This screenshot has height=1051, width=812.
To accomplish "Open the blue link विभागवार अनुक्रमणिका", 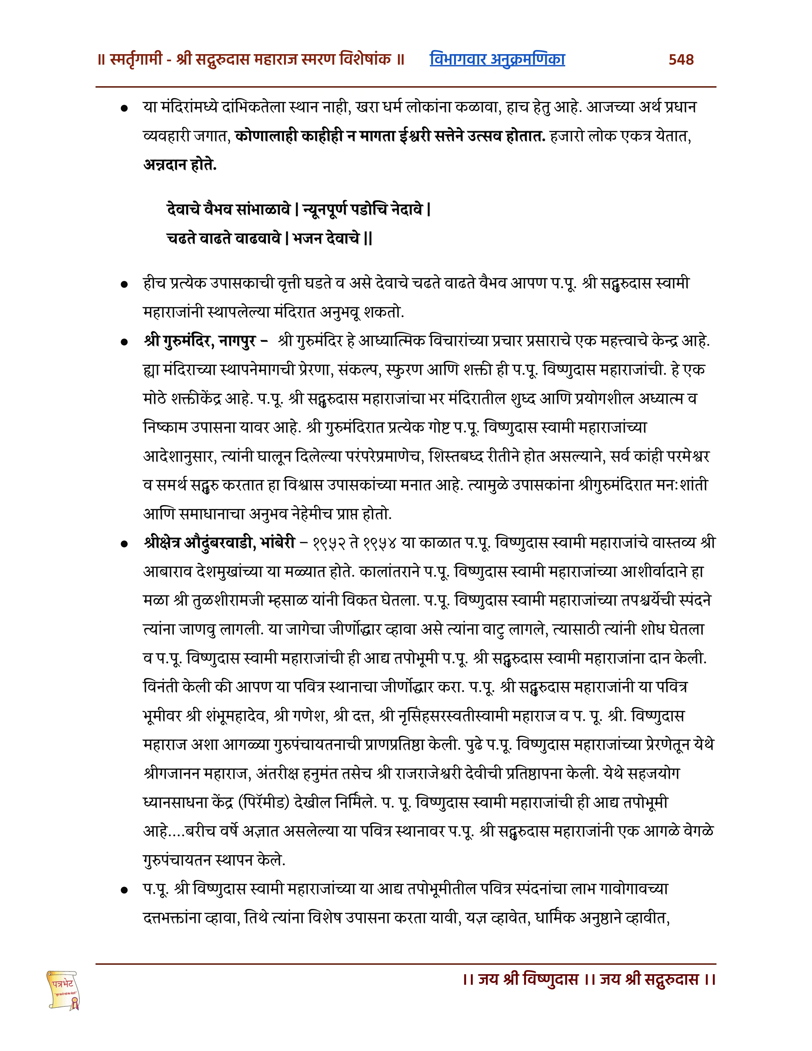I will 497,60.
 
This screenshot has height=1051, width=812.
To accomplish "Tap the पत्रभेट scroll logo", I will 63,989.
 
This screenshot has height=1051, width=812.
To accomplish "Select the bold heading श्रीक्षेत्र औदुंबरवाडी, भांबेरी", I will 219,543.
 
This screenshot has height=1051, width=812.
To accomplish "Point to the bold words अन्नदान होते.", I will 180,165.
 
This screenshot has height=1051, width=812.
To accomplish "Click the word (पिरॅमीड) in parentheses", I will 264,803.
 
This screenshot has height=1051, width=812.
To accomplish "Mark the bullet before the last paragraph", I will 125,890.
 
